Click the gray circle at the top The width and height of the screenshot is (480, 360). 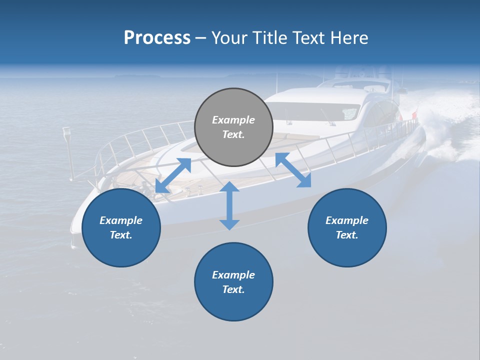233,127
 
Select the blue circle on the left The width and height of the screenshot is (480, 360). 121,227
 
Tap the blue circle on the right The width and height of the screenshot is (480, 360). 347,227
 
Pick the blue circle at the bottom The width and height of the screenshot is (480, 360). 233,282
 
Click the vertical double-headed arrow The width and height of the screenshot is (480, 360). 229,205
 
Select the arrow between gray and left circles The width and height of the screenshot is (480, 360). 173,175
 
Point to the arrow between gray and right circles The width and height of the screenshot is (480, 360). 293,170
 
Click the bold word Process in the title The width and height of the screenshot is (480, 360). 157,38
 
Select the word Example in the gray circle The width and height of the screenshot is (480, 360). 233,120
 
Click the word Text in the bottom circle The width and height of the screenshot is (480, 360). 232,289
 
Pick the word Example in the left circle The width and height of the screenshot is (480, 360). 121,220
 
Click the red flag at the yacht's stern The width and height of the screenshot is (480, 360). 414,116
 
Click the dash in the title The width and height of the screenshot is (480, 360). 201,38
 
